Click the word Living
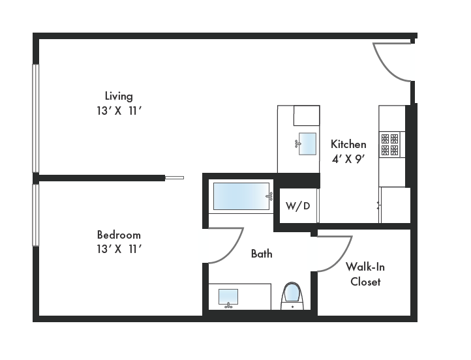[x=119, y=96]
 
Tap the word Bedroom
[x=119, y=235]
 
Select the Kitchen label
[x=348, y=144]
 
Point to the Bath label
[x=262, y=254]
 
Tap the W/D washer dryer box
[x=297, y=206]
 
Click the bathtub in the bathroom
[x=242, y=196]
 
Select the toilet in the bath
[x=292, y=295]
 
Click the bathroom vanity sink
[x=228, y=297]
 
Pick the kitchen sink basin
[x=307, y=143]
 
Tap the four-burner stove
[x=390, y=144]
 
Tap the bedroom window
[x=36, y=215]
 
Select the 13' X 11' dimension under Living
[x=119, y=111]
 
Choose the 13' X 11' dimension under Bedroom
[x=119, y=248]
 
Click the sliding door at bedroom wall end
[x=174, y=177]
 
